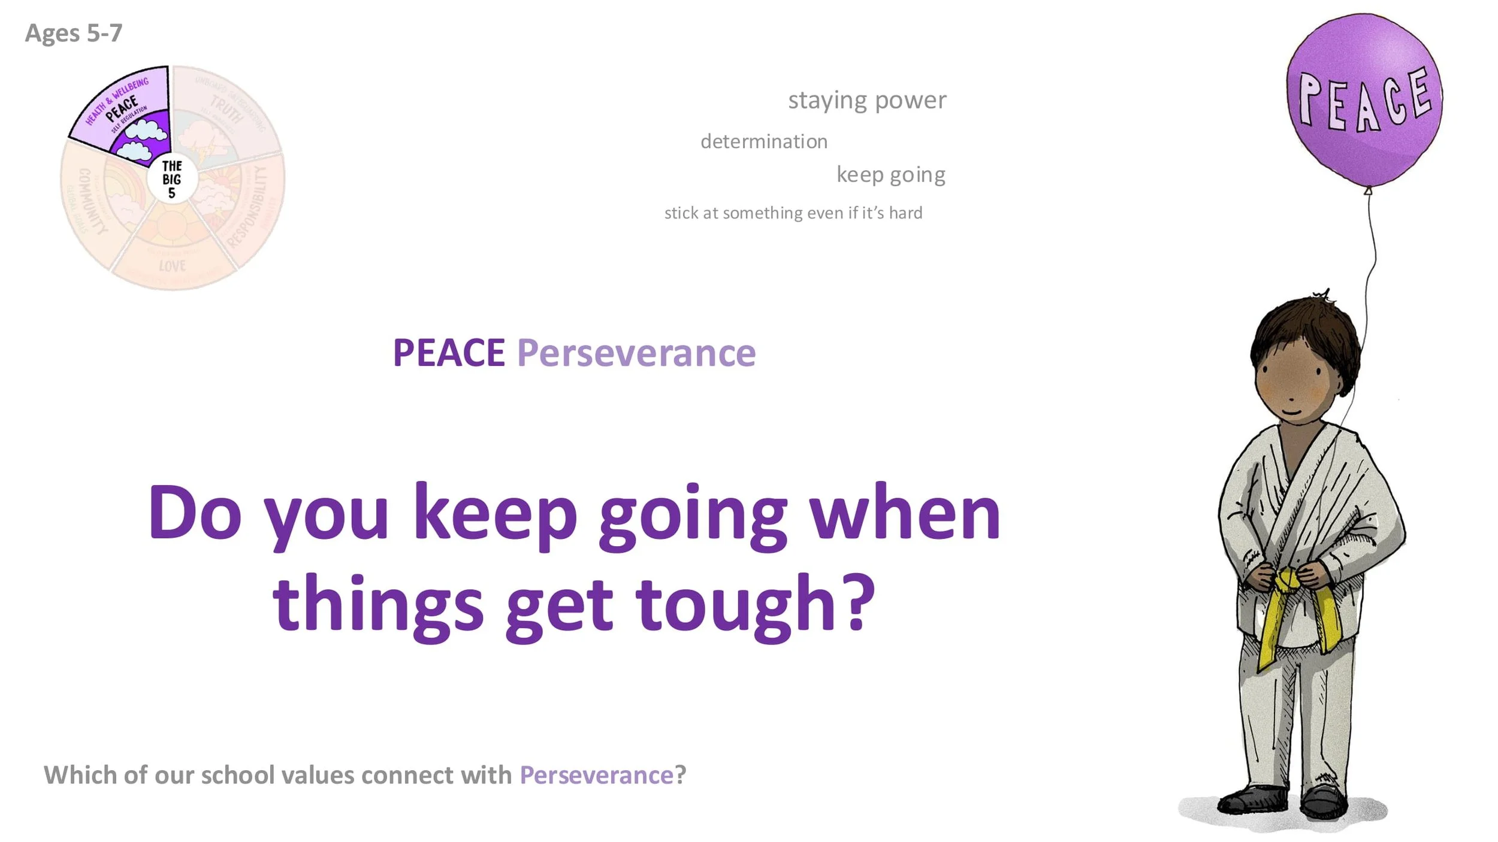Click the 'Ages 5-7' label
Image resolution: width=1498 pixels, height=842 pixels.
pos(73,33)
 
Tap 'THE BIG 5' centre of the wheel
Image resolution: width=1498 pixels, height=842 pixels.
pos(172,179)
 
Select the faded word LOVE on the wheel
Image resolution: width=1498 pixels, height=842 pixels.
pos(173,265)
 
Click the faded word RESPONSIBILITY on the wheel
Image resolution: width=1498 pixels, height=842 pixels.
pos(253,207)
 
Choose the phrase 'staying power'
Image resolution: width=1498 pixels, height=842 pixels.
pos(867,100)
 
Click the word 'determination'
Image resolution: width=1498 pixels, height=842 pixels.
pos(764,141)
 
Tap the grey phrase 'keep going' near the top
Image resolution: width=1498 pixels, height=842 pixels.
pos(891,174)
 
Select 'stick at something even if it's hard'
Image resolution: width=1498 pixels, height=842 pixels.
pos(793,213)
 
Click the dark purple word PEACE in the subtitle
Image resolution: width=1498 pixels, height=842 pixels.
pos(449,353)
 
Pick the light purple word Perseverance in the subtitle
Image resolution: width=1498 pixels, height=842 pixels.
pos(636,353)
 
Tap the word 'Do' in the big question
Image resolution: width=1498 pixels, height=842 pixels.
pos(195,512)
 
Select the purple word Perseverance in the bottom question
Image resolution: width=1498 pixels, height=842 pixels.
pos(597,775)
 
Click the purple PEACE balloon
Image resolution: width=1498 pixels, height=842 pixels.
pos(1364,99)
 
